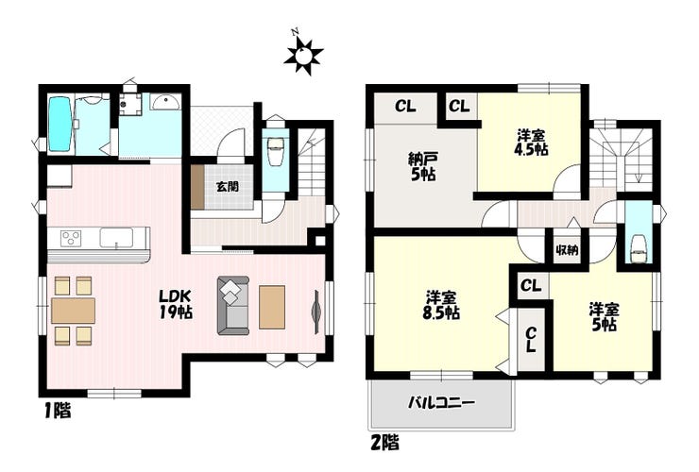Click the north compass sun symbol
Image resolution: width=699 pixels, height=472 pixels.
coord(303,55)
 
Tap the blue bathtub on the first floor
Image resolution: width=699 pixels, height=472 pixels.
coord(60,124)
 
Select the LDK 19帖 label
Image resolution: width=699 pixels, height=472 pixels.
coord(176,304)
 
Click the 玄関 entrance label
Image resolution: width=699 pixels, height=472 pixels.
coord(228,186)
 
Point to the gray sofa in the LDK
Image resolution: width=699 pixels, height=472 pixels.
coord(233,305)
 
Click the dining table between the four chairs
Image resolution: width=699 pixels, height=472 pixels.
coord(73,311)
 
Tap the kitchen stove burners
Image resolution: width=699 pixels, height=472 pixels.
coord(72,237)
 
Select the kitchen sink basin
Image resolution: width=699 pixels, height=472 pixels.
coord(116,237)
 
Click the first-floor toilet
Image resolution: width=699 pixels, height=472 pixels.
coord(275,148)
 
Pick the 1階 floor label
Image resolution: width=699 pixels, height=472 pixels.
coord(58,411)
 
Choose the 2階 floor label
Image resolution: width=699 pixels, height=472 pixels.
coord(384,443)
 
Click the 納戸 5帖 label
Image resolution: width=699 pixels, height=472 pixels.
coord(422,166)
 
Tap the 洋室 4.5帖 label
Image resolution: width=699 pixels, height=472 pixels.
coord(531,143)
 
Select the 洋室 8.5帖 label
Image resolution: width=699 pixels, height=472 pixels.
coord(441,305)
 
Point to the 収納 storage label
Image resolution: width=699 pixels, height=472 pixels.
coord(567,250)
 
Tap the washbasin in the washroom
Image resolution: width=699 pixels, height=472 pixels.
coord(165,103)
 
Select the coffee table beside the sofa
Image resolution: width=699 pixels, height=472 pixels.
coord(272,308)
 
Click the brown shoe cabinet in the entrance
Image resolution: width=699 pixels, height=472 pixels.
coord(197,187)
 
